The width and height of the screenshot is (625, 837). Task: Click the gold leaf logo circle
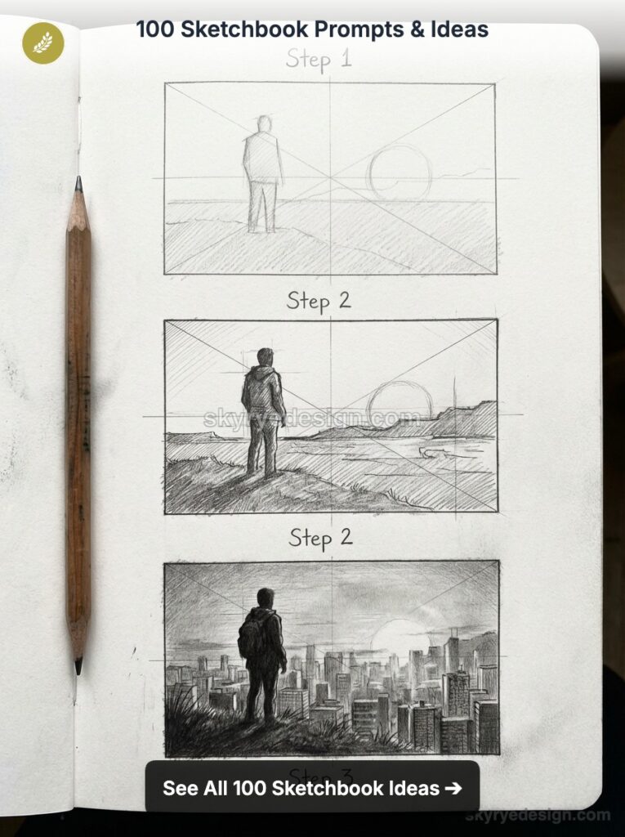[x=42, y=43]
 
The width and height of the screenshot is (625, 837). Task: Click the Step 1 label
[x=319, y=60]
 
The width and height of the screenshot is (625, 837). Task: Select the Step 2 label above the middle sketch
[x=319, y=300]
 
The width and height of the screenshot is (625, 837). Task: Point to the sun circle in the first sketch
[x=399, y=172]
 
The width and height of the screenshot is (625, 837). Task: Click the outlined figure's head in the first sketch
[x=263, y=124]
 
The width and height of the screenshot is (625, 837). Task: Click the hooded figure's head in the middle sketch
[x=265, y=358]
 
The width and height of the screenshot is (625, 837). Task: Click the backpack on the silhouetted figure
[x=248, y=638]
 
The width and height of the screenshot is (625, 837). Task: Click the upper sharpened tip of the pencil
[x=78, y=188]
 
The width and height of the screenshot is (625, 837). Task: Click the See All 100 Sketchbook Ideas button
[x=311, y=787]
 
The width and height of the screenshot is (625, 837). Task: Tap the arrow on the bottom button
[x=453, y=788]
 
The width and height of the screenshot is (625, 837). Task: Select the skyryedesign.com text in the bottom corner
[x=538, y=815]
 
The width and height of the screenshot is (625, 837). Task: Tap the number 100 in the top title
[x=153, y=30]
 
